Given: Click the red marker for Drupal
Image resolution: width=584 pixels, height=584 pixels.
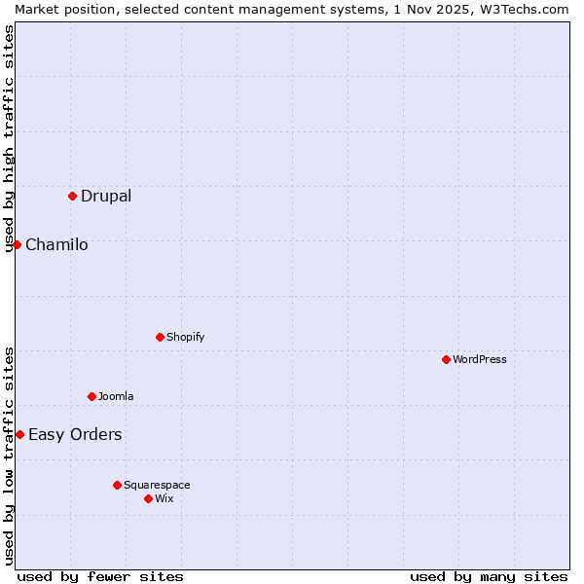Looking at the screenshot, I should coord(72,196).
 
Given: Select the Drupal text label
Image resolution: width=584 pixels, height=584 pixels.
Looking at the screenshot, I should coord(106,197).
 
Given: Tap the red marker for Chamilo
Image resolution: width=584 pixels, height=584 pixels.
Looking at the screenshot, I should coord(17,244).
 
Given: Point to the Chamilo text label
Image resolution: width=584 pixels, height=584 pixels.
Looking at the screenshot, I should coord(56,245).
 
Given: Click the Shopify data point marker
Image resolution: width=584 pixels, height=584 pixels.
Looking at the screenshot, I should coord(160,337).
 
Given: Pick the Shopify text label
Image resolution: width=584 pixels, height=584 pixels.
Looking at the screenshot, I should coord(185,338).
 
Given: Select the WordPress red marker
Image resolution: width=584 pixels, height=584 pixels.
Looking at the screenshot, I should coord(446,359).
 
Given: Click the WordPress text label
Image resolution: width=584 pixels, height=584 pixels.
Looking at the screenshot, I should coord(480,360).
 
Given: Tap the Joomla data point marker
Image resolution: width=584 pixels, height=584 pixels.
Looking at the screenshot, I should coord(91,396).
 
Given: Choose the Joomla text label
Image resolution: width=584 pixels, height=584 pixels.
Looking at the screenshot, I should coord(116,397).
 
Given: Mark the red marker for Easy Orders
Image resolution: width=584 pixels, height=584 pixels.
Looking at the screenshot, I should coord(19,434).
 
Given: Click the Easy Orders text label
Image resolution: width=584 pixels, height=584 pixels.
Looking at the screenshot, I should coord(75,435).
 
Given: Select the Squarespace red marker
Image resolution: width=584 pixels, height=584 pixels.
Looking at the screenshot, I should coord(117,485).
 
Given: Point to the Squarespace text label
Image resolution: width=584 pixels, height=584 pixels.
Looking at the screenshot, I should coord(157,486).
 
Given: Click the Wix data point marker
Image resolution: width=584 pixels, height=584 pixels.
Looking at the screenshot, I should coord(148,498).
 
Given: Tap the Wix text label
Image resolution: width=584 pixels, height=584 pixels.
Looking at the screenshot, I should coord(164,499).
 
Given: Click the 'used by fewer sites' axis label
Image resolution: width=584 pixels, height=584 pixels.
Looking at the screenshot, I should coord(100,576).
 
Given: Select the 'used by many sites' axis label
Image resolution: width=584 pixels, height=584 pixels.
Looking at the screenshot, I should coord(489,576).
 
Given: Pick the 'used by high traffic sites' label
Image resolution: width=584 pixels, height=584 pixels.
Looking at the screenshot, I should coord(9,138).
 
